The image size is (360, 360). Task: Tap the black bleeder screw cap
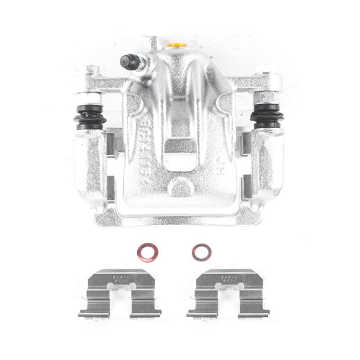128,60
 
